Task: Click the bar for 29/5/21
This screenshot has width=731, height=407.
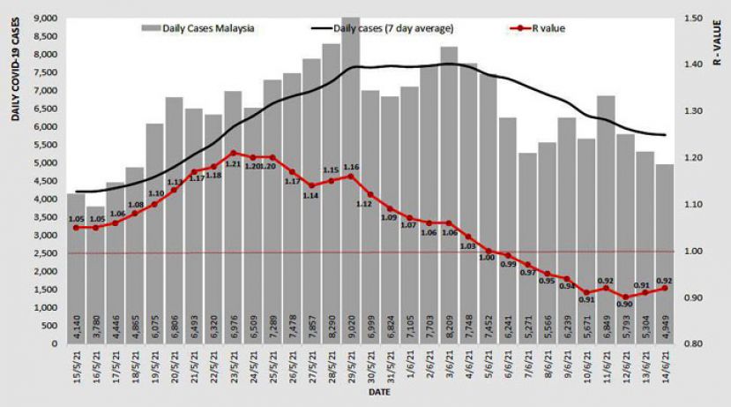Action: [x=350, y=177]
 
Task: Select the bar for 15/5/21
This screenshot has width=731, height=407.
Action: [x=76, y=265]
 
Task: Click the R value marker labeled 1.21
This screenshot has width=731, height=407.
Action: [x=233, y=153]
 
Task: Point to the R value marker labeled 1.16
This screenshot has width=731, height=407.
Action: [x=350, y=176]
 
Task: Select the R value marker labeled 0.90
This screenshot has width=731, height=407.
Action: [x=625, y=298]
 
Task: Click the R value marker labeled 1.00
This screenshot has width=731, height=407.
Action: [x=488, y=251]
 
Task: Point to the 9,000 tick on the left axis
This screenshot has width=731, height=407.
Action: [x=46, y=18]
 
